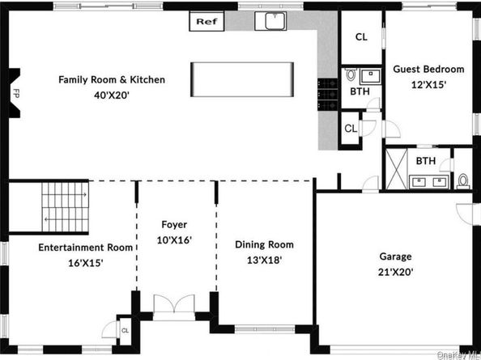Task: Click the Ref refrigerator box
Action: tap(206, 22)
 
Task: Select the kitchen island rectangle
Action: tap(240, 79)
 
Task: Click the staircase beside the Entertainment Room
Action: tap(62, 205)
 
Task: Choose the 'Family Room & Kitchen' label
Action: tap(112, 79)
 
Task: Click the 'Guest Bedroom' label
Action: tap(428, 70)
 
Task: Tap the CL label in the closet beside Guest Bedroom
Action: tap(361, 36)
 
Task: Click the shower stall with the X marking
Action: tap(398, 169)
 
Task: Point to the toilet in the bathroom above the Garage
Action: tap(463, 180)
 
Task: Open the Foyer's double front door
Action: tap(174, 305)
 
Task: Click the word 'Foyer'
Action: tap(173, 224)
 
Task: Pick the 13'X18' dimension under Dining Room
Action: tap(264, 260)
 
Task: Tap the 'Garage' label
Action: tap(395, 256)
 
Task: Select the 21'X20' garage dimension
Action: tap(395, 272)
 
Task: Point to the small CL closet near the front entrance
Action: tap(125, 330)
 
